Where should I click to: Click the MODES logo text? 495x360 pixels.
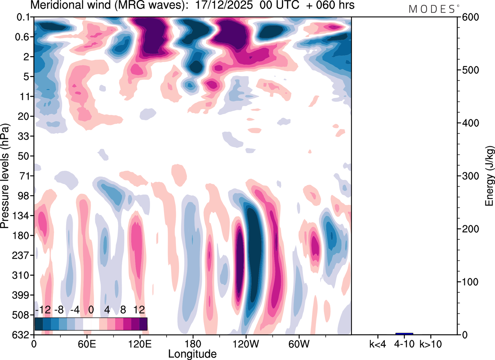[432, 9]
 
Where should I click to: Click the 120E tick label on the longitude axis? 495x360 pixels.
[140, 344]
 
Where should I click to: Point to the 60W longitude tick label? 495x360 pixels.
[298, 344]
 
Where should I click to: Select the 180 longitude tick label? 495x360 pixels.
[193, 344]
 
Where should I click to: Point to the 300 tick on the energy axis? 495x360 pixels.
[468, 176]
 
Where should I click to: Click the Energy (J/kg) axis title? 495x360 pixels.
[490, 176]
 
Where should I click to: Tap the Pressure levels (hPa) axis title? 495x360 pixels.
[5, 176]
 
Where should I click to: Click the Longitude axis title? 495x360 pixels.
[192, 353]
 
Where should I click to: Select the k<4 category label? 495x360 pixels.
[377, 344]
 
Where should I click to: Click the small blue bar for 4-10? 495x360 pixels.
[404, 334]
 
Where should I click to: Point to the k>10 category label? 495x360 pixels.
[431, 344]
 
